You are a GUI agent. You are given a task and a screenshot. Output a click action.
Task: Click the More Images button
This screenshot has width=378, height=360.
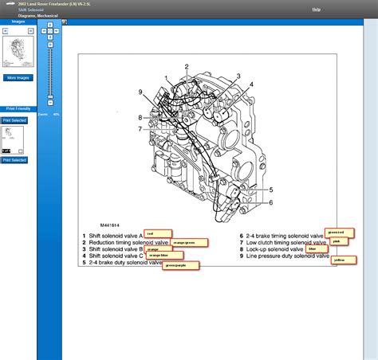pyautogui.click(x=18, y=78)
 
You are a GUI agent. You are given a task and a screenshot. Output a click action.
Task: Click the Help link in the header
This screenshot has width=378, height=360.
pyautogui.click(x=317, y=10)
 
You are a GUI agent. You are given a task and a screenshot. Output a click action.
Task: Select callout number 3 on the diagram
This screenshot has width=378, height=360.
pyautogui.click(x=238, y=76)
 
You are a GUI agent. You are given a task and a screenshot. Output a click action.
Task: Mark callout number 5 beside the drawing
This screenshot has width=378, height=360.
pyautogui.click(x=270, y=190)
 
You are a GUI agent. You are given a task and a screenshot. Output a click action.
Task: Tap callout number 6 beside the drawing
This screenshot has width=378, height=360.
pyautogui.click(x=270, y=202)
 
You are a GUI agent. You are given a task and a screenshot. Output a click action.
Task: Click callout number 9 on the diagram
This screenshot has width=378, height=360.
pyautogui.click(x=140, y=92)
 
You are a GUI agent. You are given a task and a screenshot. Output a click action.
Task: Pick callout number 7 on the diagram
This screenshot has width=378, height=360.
pyautogui.click(x=140, y=128)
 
